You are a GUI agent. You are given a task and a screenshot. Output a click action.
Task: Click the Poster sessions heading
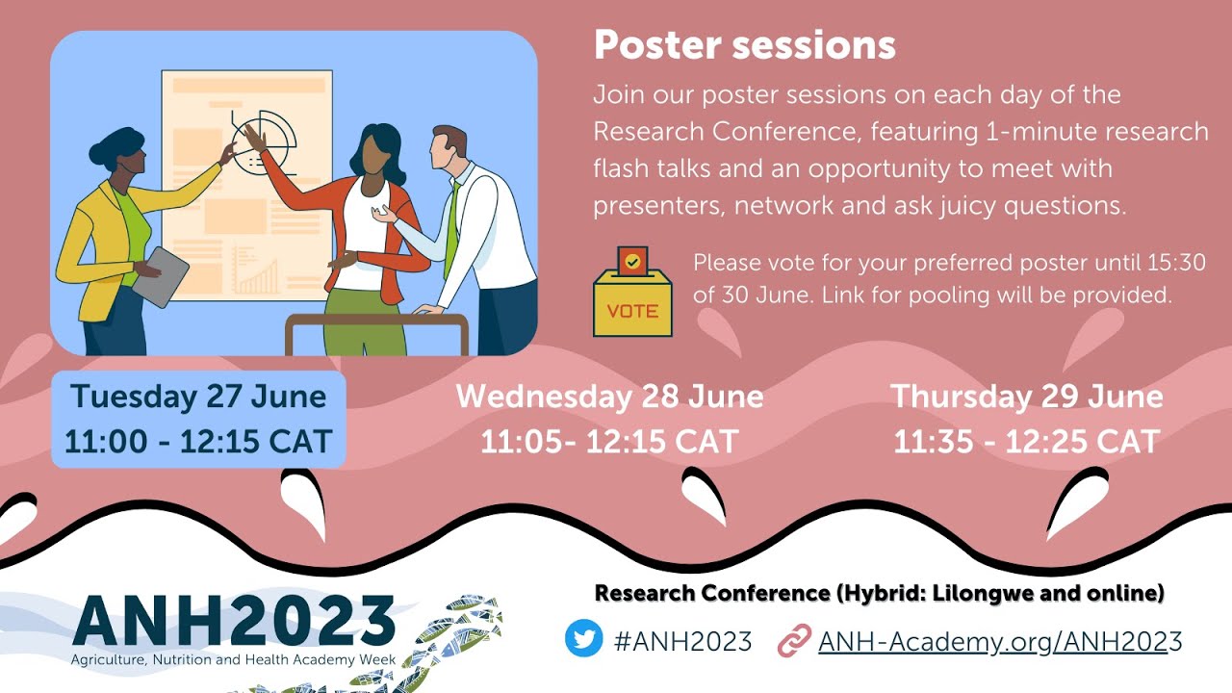tap(744, 45)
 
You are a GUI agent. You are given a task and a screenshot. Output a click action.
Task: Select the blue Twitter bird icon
tap(583, 639)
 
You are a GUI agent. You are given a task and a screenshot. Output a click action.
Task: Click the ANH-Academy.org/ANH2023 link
tap(1000, 640)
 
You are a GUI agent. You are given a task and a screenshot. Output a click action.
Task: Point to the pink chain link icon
tap(794, 640)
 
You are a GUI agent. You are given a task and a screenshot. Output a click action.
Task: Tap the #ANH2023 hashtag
tap(682, 640)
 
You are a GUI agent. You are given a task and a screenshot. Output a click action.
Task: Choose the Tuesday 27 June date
tap(198, 397)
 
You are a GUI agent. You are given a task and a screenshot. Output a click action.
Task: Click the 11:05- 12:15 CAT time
tap(609, 442)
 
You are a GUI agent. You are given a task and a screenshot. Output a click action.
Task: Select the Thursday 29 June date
tap(1026, 397)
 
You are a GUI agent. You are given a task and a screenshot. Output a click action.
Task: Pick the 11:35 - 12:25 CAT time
tap(1026, 442)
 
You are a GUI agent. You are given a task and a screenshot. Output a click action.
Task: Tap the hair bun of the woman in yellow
tap(102, 152)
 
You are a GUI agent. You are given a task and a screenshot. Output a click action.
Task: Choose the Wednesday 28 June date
tap(609, 397)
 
